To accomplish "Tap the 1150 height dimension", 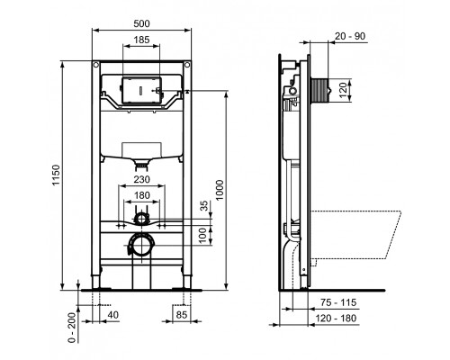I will point(55,176).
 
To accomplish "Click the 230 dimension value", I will point(143,179).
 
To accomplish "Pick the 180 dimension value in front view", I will point(143,194).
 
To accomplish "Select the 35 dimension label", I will point(204,205).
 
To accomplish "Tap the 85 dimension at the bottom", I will point(181,316).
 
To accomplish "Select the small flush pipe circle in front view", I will point(142,218).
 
